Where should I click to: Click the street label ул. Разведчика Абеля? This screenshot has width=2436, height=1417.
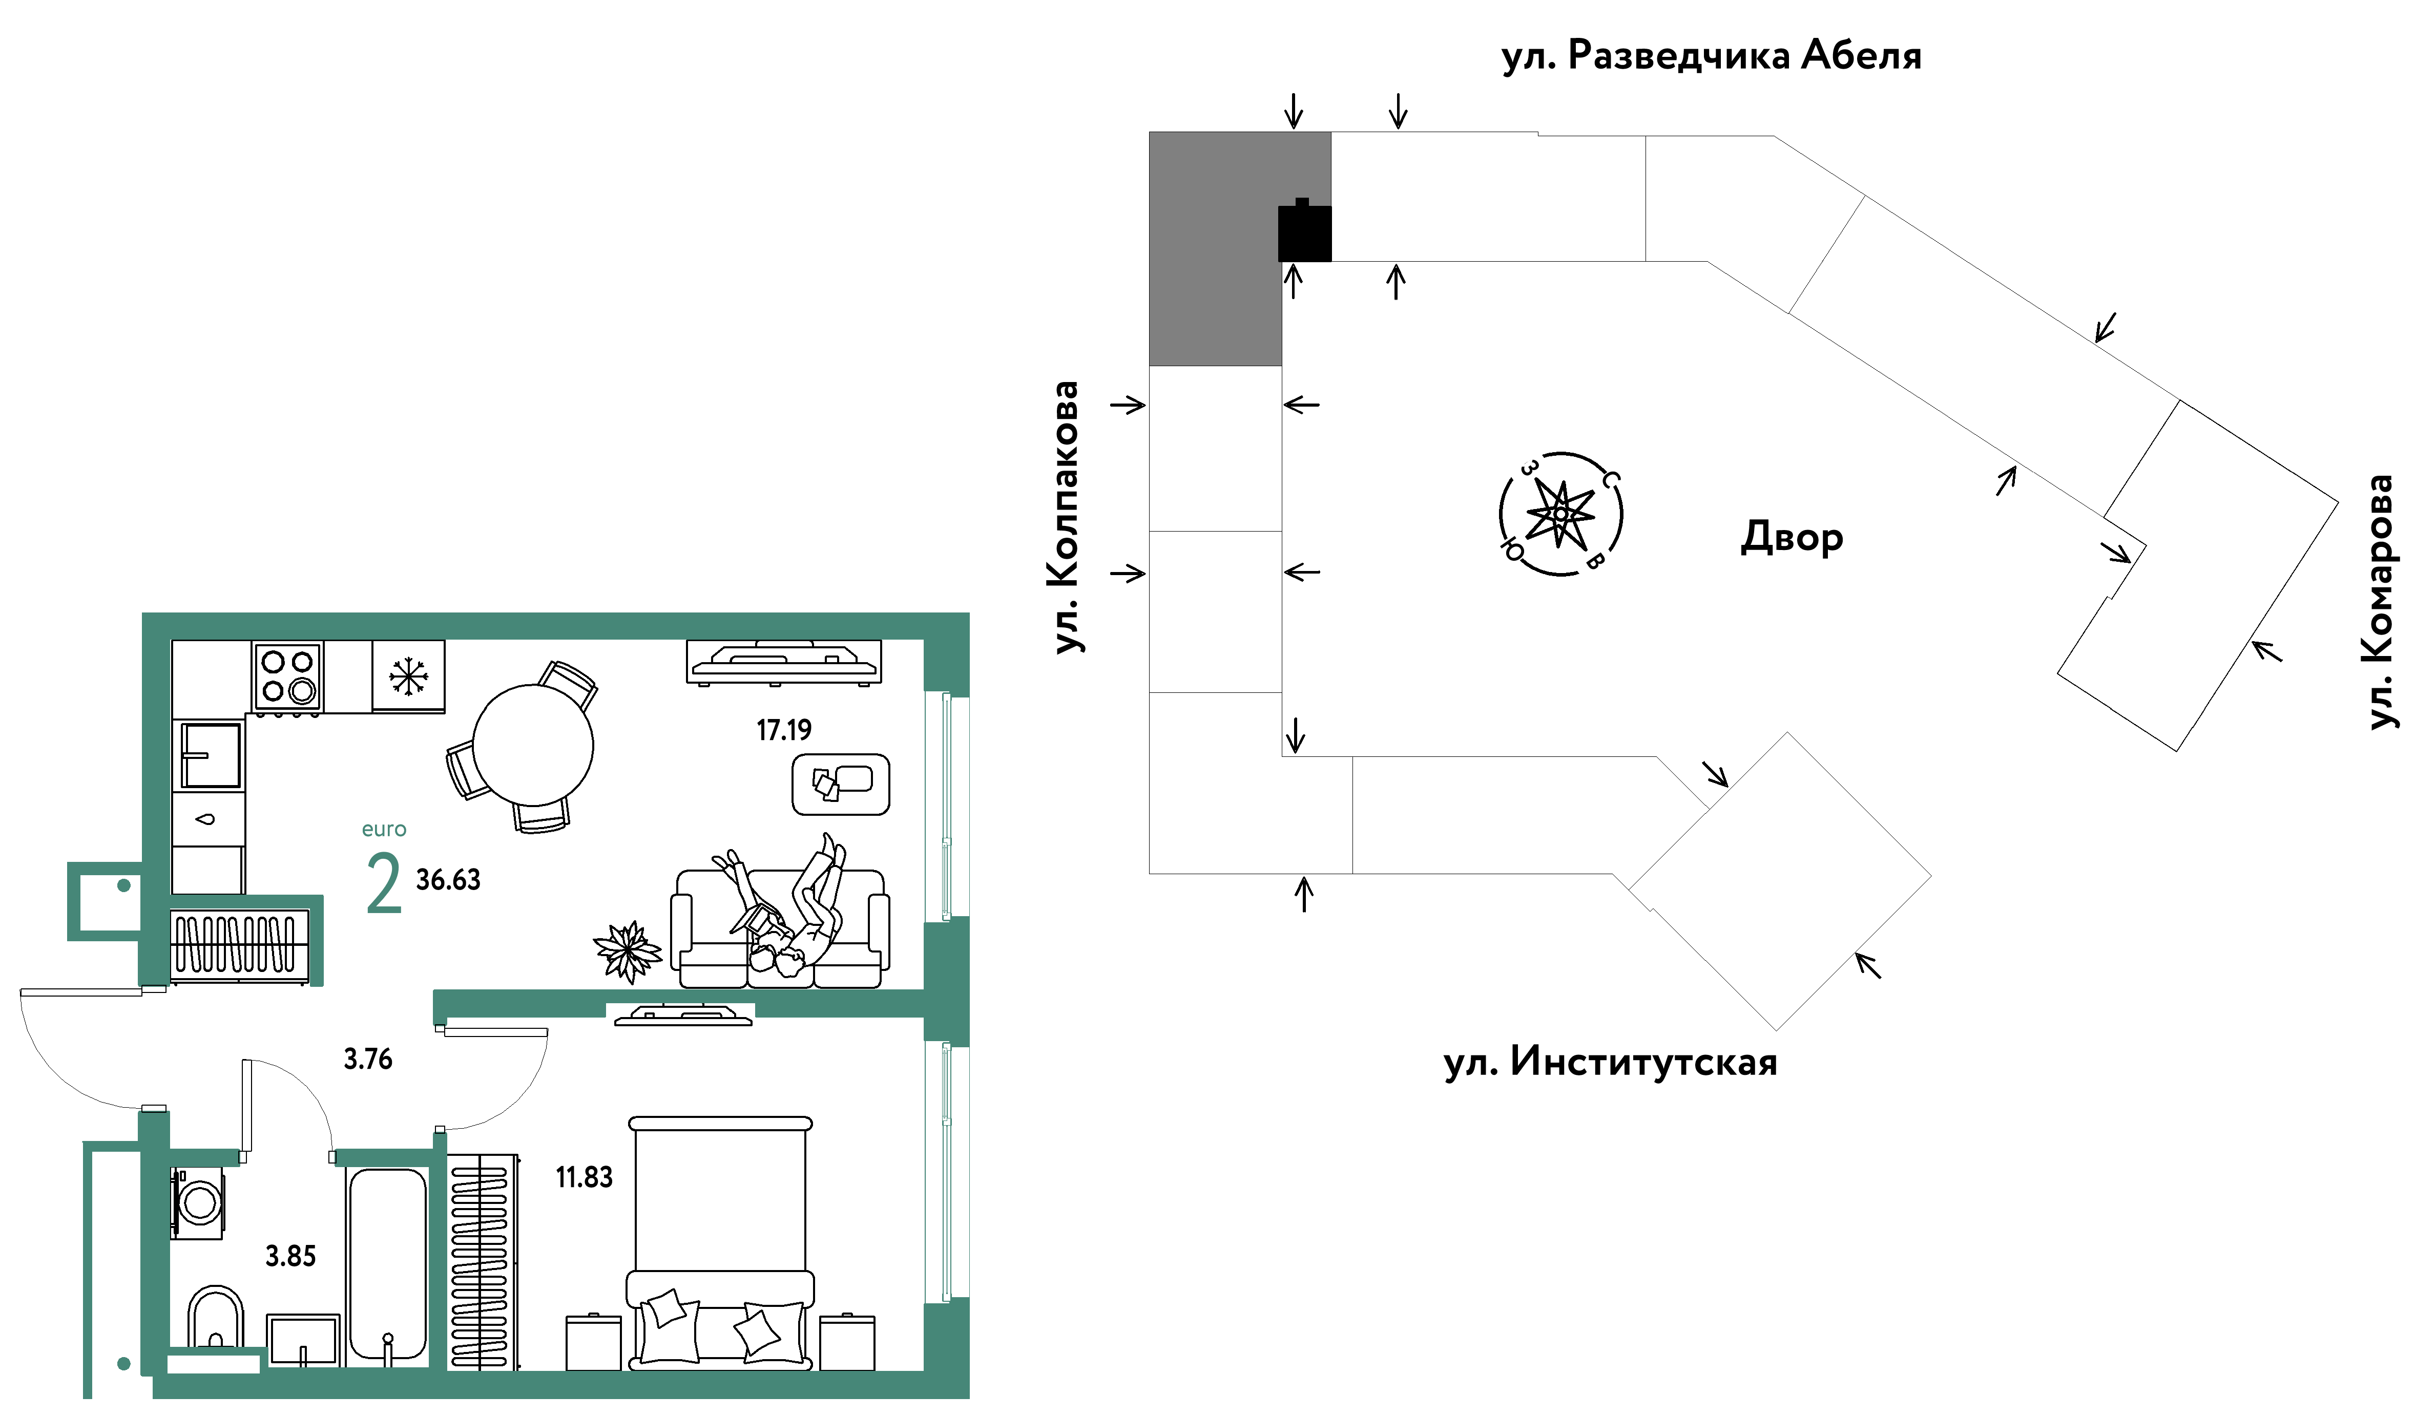coord(1711,56)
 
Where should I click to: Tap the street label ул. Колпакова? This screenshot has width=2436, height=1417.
coord(1065,517)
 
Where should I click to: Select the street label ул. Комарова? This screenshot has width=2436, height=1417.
coord(2380,601)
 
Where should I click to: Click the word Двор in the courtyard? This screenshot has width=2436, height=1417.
coord(1791,537)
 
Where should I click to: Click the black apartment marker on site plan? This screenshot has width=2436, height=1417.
coord(1304,232)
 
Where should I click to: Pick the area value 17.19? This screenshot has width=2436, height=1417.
coord(784,731)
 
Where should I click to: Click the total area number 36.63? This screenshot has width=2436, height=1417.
coord(448,880)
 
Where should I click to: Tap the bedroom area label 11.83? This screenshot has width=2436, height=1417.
coord(584,1177)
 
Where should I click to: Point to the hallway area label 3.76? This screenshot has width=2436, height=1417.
coord(368,1060)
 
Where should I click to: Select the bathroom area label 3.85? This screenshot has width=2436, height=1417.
coord(291,1257)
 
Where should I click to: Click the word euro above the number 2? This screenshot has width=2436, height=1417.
coord(384,829)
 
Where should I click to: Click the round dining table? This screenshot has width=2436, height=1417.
coord(533,744)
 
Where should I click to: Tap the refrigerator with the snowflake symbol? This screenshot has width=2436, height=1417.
coord(408,675)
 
